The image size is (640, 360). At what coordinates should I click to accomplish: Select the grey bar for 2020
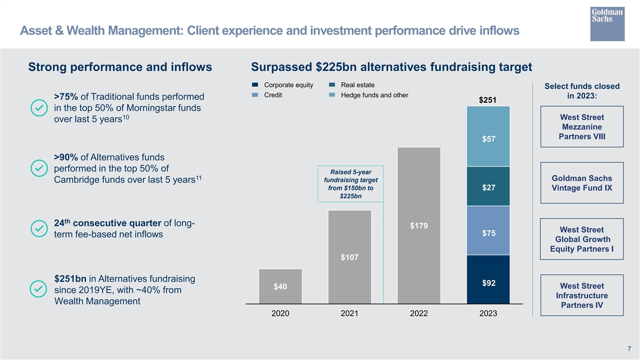(x=280, y=286)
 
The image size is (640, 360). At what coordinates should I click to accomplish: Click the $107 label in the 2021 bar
(x=349, y=258)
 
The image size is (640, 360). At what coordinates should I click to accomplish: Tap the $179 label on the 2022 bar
(x=419, y=226)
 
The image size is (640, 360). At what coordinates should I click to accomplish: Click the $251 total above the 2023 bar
(x=488, y=100)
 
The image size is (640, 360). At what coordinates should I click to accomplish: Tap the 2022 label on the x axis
(x=419, y=314)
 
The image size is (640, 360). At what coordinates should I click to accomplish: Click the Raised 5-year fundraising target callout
(x=350, y=184)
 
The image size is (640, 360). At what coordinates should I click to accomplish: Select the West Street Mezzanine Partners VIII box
(x=581, y=127)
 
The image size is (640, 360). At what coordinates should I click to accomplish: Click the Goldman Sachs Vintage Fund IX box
(x=581, y=183)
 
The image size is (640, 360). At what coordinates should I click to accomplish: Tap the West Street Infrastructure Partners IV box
(x=581, y=295)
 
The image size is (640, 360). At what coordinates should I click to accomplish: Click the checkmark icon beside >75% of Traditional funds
(x=38, y=108)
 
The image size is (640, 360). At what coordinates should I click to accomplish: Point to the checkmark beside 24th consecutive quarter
(x=38, y=228)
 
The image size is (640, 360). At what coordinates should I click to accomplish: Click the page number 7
(x=629, y=349)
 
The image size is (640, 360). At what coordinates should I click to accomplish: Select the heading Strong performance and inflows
(x=120, y=67)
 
